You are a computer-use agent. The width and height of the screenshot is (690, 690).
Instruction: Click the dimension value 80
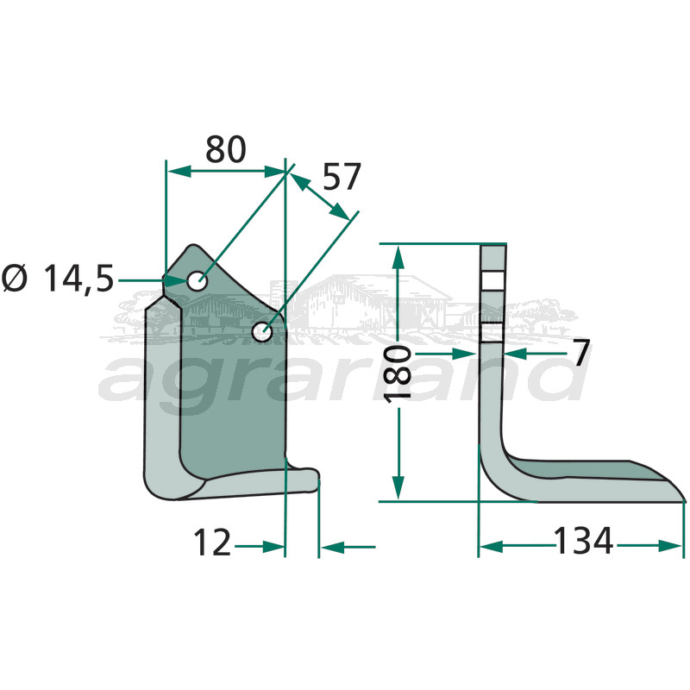tap(226, 150)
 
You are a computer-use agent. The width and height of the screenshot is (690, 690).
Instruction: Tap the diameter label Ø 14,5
tap(58, 279)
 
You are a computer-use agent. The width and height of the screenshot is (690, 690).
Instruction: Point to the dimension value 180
tap(398, 373)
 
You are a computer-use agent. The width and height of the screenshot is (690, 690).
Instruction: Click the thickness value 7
tap(580, 353)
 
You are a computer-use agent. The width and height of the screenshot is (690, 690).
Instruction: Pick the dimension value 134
tap(582, 543)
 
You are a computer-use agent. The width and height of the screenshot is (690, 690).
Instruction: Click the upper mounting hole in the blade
tap(198, 280)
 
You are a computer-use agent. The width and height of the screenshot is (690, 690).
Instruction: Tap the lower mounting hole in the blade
tap(261, 330)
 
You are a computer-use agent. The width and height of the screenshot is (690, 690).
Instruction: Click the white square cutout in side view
tap(492, 281)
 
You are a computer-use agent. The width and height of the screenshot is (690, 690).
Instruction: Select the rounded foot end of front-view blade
tap(312, 477)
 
